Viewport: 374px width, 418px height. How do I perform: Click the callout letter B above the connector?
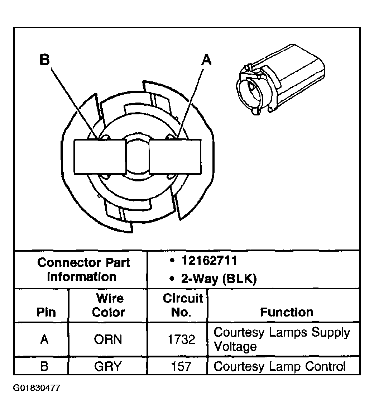coord(44,60)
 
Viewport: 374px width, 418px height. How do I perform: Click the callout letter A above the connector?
coord(206,60)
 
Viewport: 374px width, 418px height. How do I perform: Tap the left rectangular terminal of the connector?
coord(100,156)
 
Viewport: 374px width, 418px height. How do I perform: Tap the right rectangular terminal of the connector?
coord(175,157)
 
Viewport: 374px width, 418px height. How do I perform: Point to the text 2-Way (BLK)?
coord(219,279)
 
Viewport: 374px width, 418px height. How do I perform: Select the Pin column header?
coord(46,312)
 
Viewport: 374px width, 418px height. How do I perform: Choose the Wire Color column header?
coord(109,305)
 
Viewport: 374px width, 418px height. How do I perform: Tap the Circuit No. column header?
coord(182,305)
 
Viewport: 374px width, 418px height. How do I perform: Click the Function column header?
coord(287,312)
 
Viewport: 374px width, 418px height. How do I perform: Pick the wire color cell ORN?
coord(108,339)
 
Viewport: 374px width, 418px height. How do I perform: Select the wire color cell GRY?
coord(108,366)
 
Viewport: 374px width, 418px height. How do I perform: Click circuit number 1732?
coord(182,339)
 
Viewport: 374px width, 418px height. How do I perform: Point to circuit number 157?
coord(182,366)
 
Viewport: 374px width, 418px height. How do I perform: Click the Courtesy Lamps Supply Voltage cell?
coord(282,339)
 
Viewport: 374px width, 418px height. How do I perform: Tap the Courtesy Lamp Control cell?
coord(279,366)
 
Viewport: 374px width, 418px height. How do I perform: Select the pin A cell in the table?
coord(44,339)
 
